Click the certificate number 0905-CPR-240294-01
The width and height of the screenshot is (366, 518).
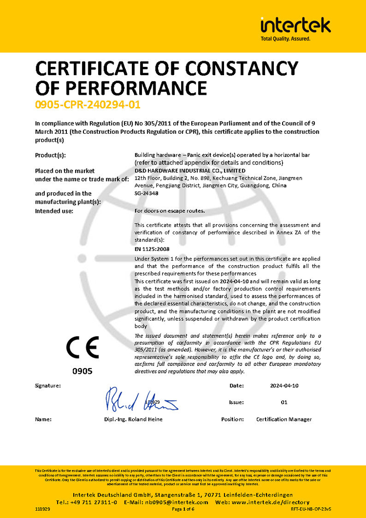84,104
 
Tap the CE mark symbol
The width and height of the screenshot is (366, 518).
82,348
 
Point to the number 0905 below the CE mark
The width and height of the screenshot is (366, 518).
82,371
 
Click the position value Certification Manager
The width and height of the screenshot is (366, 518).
284,419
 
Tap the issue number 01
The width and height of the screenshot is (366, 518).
285,402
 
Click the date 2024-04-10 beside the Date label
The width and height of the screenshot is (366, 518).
284,386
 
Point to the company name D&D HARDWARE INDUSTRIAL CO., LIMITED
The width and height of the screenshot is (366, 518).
190,171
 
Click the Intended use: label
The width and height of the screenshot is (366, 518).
54,211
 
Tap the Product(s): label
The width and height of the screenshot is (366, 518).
50,155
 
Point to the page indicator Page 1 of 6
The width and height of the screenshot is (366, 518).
183,509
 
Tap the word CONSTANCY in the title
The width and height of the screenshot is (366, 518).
236,67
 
